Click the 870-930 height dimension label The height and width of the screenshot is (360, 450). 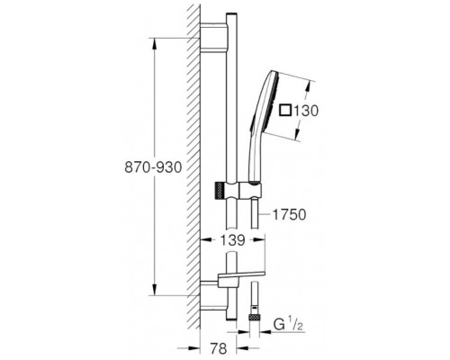(153, 167)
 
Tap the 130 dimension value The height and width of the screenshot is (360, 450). (305, 111)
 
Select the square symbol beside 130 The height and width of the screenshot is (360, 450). (285, 110)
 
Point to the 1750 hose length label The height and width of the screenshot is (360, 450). (289, 214)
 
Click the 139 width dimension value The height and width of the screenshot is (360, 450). (232, 239)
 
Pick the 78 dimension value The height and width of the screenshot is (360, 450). (219, 348)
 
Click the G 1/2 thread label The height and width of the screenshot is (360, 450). (286, 325)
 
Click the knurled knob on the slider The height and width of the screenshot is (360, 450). (220, 190)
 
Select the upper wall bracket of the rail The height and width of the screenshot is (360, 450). (213, 37)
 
